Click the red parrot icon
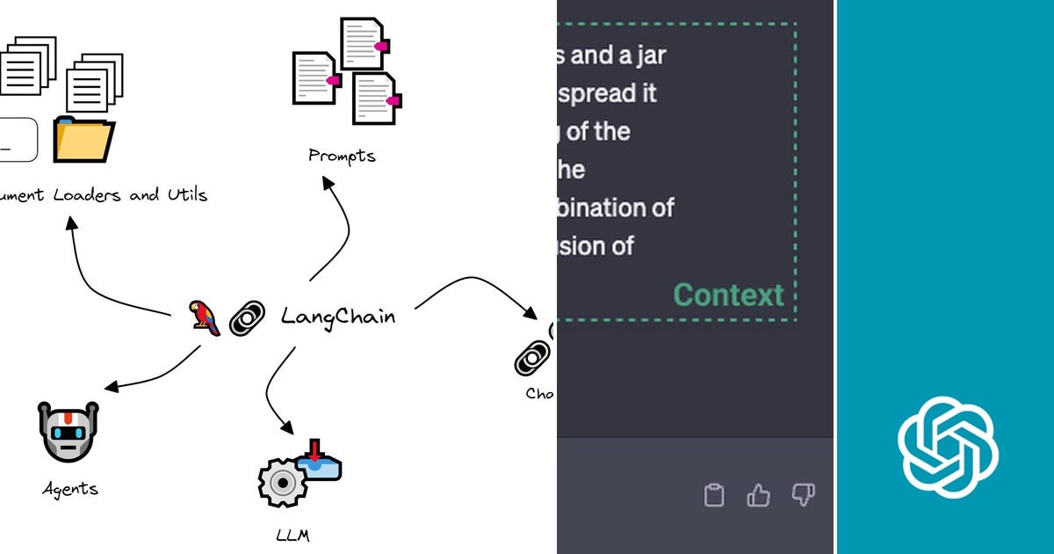(x=205, y=317)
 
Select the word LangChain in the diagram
(x=338, y=317)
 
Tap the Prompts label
(x=342, y=157)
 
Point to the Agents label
(x=70, y=489)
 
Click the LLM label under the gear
(x=292, y=535)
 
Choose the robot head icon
(x=69, y=431)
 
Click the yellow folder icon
(x=83, y=140)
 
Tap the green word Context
(x=728, y=295)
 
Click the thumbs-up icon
(x=758, y=495)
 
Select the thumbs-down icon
(x=803, y=495)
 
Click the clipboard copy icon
(x=714, y=495)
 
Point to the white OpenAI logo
(x=948, y=447)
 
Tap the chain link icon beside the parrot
(x=247, y=318)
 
